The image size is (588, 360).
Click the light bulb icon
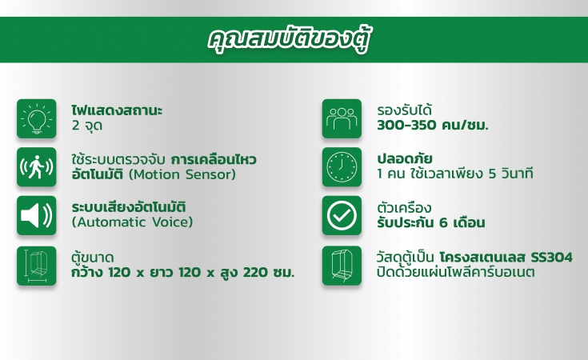click(36, 118)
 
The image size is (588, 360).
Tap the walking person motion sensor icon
click(36, 167)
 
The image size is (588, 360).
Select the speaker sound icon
click(36, 215)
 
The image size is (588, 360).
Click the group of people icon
click(342, 118)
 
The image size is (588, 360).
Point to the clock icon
click(342, 167)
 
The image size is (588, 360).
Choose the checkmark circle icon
click(342, 215)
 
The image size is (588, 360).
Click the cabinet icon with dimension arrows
click(36, 266)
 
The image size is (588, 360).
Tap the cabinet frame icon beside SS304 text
click(342, 266)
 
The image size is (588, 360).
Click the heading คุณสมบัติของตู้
click(289, 40)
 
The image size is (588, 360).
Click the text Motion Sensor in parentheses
click(182, 174)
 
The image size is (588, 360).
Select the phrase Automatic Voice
click(132, 222)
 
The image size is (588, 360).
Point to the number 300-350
click(406, 126)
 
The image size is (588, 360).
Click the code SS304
click(552, 258)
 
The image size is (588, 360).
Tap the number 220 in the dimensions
click(254, 272)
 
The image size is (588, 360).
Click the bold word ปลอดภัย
click(405, 158)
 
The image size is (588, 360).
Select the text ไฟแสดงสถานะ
click(117, 110)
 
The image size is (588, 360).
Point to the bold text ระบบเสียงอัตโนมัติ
click(129, 206)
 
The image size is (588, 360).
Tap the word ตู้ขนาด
click(93, 258)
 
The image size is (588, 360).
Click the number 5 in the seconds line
click(492, 174)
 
